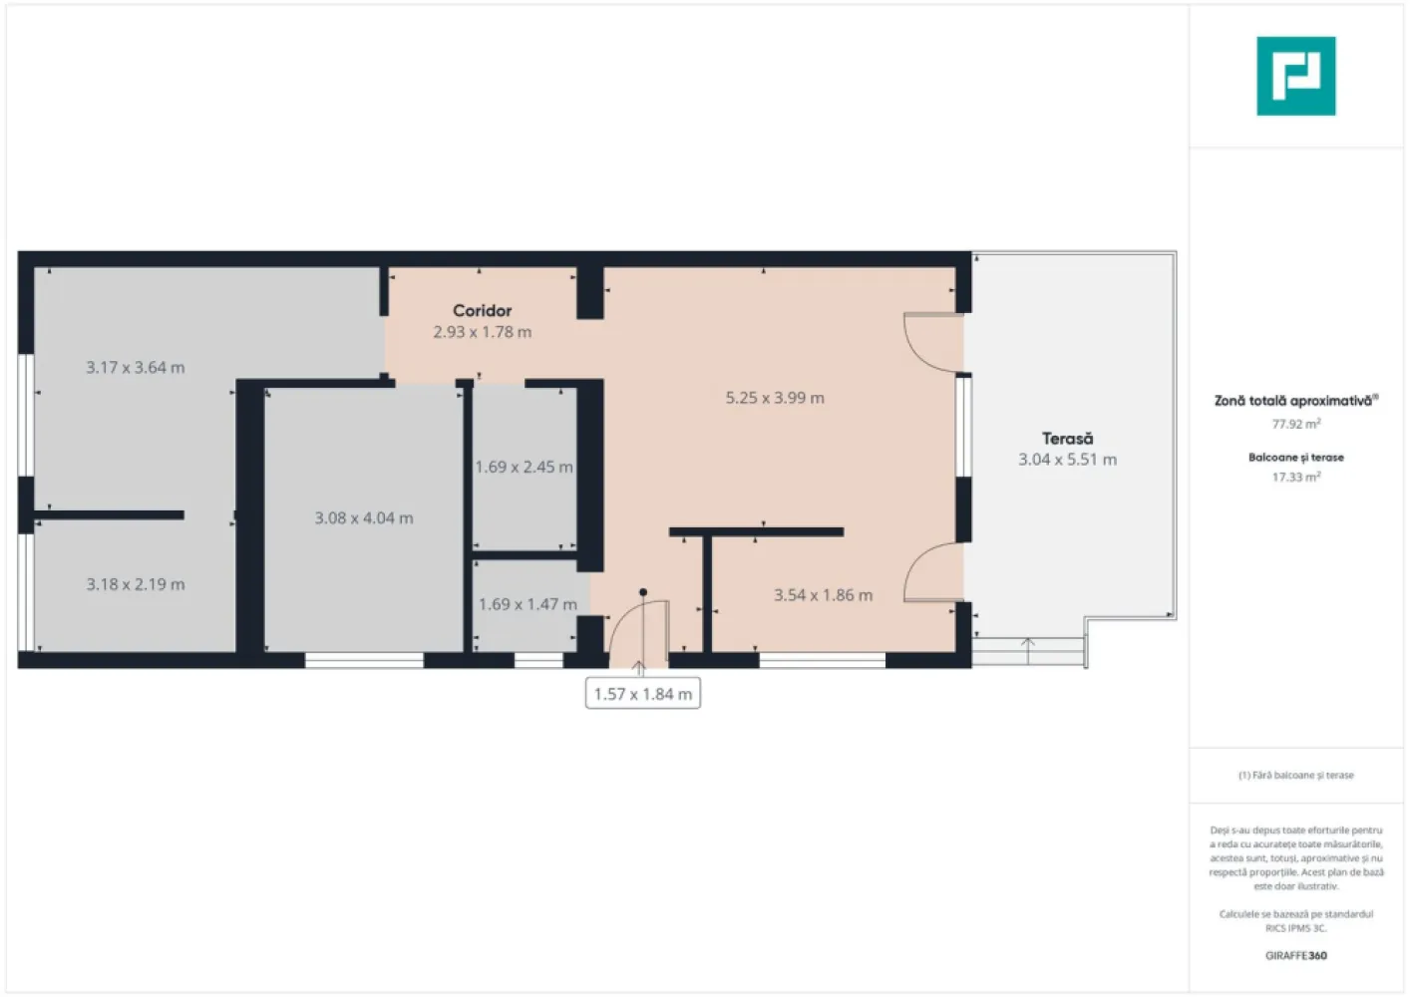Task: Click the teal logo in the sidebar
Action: click(1295, 76)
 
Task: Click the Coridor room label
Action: click(482, 311)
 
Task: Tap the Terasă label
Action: click(1067, 439)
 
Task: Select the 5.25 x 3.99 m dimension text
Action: click(775, 398)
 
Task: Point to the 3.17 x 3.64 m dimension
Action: click(135, 368)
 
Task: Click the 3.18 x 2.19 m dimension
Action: click(135, 584)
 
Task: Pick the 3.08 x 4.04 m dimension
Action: click(364, 518)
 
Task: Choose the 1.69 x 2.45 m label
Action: click(524, 467)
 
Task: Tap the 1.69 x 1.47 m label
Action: click(528, 604)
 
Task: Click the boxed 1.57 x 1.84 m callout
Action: click(643, 694)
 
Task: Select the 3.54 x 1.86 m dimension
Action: click(823, 595)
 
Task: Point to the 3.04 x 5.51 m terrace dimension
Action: click(1067, 460)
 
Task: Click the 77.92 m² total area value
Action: click(1295, 424)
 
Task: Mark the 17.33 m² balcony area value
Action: click(1295, 478)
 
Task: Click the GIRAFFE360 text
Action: click(1295, 955)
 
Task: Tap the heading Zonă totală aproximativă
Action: click(1293, 401)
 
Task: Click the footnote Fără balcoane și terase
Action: click(1295, 775)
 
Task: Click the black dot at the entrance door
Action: click(643, 592)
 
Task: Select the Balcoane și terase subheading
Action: click(1295, 458)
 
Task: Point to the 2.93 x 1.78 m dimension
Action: click(482, 332)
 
